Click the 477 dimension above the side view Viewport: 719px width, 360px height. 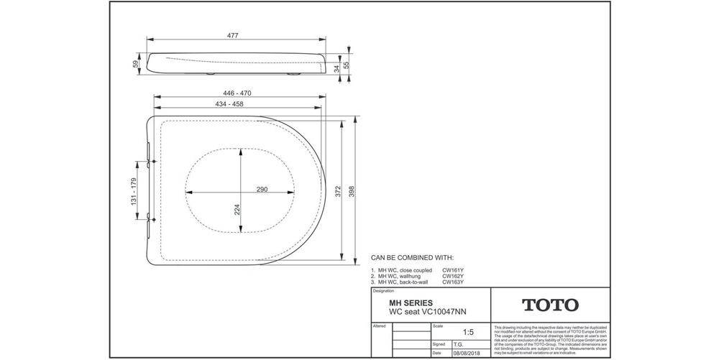233,35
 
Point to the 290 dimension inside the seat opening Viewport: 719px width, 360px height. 262,190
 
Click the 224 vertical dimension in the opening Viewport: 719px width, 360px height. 237,209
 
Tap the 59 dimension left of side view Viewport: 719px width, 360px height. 135,64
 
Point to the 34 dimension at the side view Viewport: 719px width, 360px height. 335,68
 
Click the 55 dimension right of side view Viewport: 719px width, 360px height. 347,65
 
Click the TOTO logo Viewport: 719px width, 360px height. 549,305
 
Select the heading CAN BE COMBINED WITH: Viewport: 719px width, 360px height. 412,257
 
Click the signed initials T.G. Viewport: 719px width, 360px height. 457,344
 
